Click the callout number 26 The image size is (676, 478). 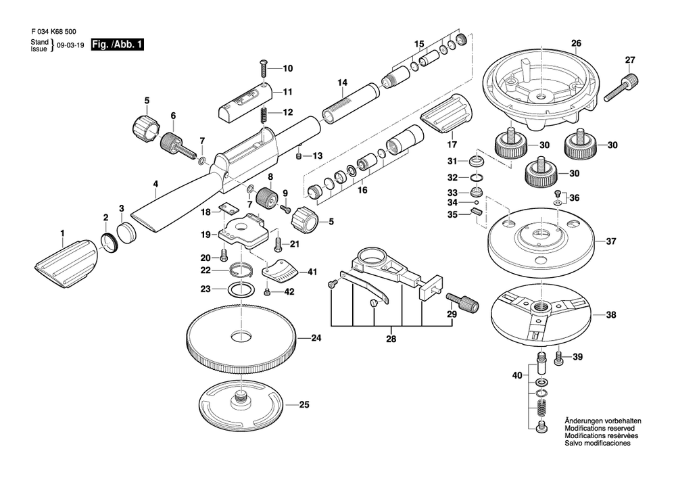coord(577,43)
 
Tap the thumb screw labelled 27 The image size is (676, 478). coord(621,87)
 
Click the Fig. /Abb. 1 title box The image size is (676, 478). coord(117,45)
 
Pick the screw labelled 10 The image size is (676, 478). coord(264,68)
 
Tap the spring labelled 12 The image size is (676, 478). coord(263,116)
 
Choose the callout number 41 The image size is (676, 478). coord(312,272)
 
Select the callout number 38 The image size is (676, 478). coord(611,315)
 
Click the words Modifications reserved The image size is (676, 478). coord(599,429)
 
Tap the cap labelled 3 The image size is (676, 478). coord(127,233)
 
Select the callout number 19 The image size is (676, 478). coord(206,235)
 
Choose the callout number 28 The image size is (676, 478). coord(391,339)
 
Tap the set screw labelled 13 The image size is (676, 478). coord(298,156)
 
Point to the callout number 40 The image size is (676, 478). coord(517,375)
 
